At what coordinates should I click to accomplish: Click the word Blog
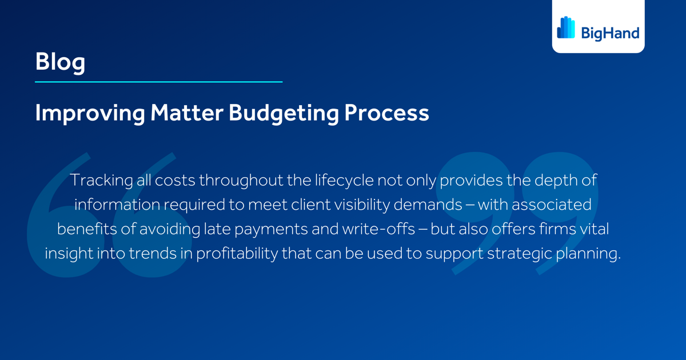[60, 62]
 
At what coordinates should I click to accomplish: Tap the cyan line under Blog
[158, 82]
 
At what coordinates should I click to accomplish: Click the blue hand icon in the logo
[566, 27]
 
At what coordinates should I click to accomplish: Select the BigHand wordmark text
[610, 33]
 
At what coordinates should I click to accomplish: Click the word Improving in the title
[90, 113]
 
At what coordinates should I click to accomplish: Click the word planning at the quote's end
[588, 253]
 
